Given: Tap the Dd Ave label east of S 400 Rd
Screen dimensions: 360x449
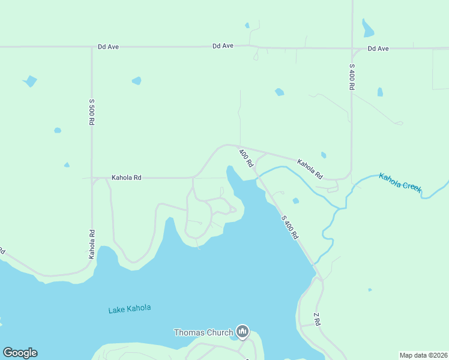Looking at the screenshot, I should [x=378, y=48].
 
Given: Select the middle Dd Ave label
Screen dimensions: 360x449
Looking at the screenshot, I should [x=223, y=46].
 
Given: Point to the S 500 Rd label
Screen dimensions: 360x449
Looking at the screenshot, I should [x=92, y=112].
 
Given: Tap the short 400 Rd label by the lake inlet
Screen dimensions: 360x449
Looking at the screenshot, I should [x=246, y=158].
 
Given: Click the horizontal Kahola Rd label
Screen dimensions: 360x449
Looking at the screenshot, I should [x=126, y=178].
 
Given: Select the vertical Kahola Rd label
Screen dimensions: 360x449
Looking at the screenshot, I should [x=92, y=244].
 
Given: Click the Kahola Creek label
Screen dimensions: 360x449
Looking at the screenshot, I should [x=400, y=182].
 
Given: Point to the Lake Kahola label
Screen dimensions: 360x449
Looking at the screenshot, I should [x=130, y=309].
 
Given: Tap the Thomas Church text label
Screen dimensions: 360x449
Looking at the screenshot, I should [x=203, y=332].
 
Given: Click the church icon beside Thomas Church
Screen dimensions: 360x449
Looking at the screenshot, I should [x=242, y=331].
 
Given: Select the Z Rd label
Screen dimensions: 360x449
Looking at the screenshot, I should [x=317, y=319].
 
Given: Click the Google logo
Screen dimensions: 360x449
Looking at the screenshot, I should [x=20, y=353].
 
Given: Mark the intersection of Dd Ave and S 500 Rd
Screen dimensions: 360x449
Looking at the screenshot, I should [x=92, y=47].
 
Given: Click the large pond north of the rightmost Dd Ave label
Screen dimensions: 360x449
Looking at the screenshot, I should [x=367, y=28].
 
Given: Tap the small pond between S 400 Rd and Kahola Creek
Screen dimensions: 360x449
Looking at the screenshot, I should [x=295, y=200].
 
